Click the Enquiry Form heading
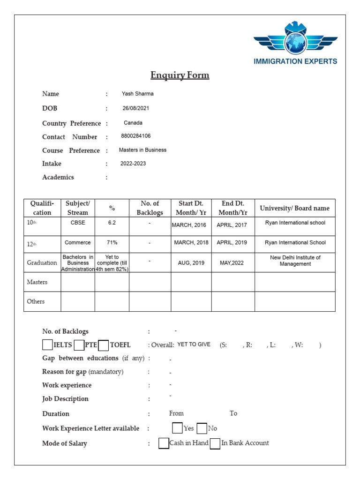tap(180, 75)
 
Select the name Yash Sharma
tap(137, 94)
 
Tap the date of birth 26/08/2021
tap(136, 108)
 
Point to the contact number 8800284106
tap(136, 136)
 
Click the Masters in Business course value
tap(142, 150)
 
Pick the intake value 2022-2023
tap(133, 164)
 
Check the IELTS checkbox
tap(47, 345)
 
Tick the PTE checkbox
tap(79, 345)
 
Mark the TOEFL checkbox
tap(104, 345)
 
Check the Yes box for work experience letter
tap(177, 428)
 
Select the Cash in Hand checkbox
tap(164, 443)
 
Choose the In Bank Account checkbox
tap(215, 443)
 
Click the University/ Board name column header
tap(294, 208)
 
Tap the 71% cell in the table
tap(112, 243)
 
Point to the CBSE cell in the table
tap(78, 223)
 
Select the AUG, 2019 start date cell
tap(191, 263)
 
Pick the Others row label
tap(36, 301)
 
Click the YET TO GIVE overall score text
tap(194, 345)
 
